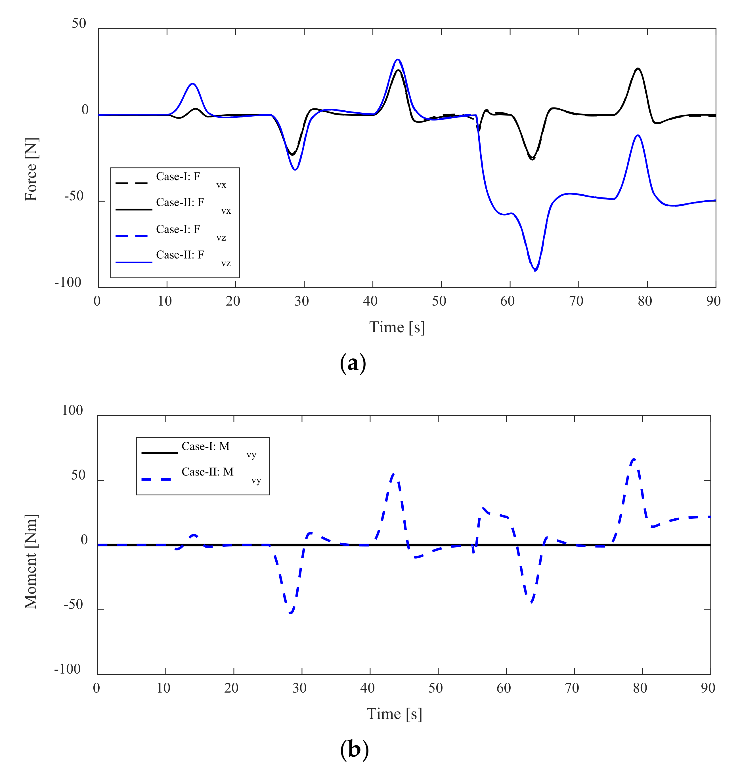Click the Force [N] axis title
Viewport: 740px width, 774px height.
tap(31, 170)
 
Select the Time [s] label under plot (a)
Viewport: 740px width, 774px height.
tap(397, 327)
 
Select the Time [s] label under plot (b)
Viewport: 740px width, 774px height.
tap(394, 714)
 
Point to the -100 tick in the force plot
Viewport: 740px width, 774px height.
tap(68, 283)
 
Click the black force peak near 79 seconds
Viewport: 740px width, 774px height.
tap(638, 69)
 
